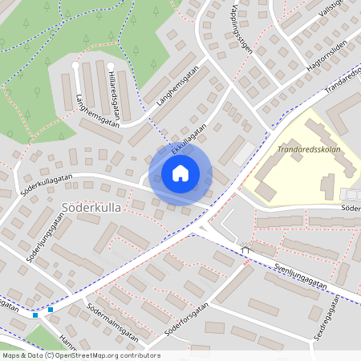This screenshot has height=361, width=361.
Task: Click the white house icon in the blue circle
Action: point(180,172)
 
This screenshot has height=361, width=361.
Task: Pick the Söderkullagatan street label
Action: point(43,183)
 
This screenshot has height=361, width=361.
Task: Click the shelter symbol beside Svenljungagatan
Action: point(245,249)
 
